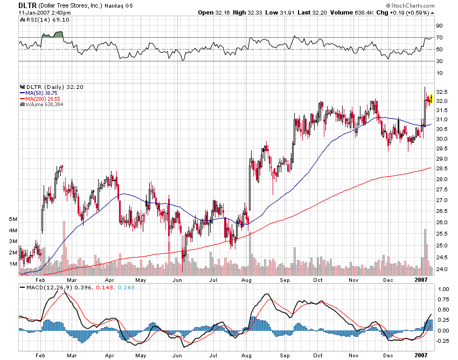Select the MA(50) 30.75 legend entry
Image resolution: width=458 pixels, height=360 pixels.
tap(38, 93)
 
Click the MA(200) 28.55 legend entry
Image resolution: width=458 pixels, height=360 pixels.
tap(39, 99)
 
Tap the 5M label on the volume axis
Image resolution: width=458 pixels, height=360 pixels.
tap(13, 220)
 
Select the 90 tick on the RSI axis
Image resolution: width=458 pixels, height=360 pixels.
tap(440, 26)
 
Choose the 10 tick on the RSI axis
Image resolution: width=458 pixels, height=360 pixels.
tap(440, 73)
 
